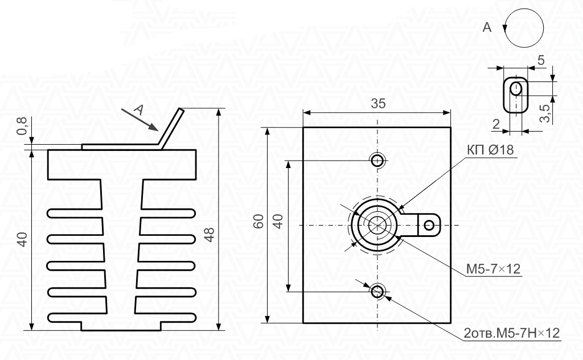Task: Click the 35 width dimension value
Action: [x=378, y=104]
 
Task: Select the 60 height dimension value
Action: [x=258, y=221]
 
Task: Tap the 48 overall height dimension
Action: [x=210, y=235]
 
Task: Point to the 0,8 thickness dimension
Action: [x=22, y=126]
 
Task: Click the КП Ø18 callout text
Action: [x=490, y=149]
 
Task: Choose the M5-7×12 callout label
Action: [x=494, y=268]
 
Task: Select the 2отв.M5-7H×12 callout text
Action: [x=512, y=333]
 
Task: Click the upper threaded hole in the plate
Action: [x=377, y=161]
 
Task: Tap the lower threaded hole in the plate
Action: [x=378, y=291]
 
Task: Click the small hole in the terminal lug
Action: [x=429, y=225]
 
